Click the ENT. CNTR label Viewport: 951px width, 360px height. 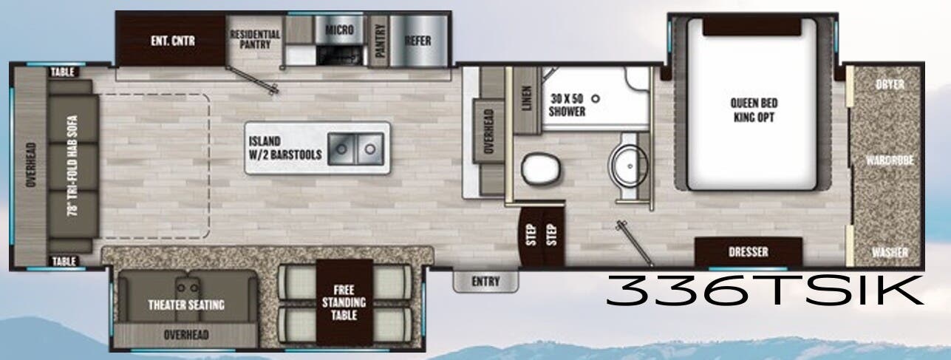[x=169, y=41]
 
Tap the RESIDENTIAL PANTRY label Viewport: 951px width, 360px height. [x=255, y=39]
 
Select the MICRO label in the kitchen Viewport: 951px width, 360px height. [x=339, y=30]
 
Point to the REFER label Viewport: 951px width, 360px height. [x=417, y=41]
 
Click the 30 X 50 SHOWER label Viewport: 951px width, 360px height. [x=567, y=104]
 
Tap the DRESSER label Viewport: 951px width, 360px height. [x=749, y=252]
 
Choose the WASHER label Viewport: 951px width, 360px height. [x=889, y=253]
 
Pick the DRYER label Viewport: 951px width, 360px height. [x=890, y=84]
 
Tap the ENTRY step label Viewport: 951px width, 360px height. [x=485, y=282]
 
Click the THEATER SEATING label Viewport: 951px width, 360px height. [x=185, y=305]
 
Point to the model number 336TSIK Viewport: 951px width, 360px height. [x=765, y=289]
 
